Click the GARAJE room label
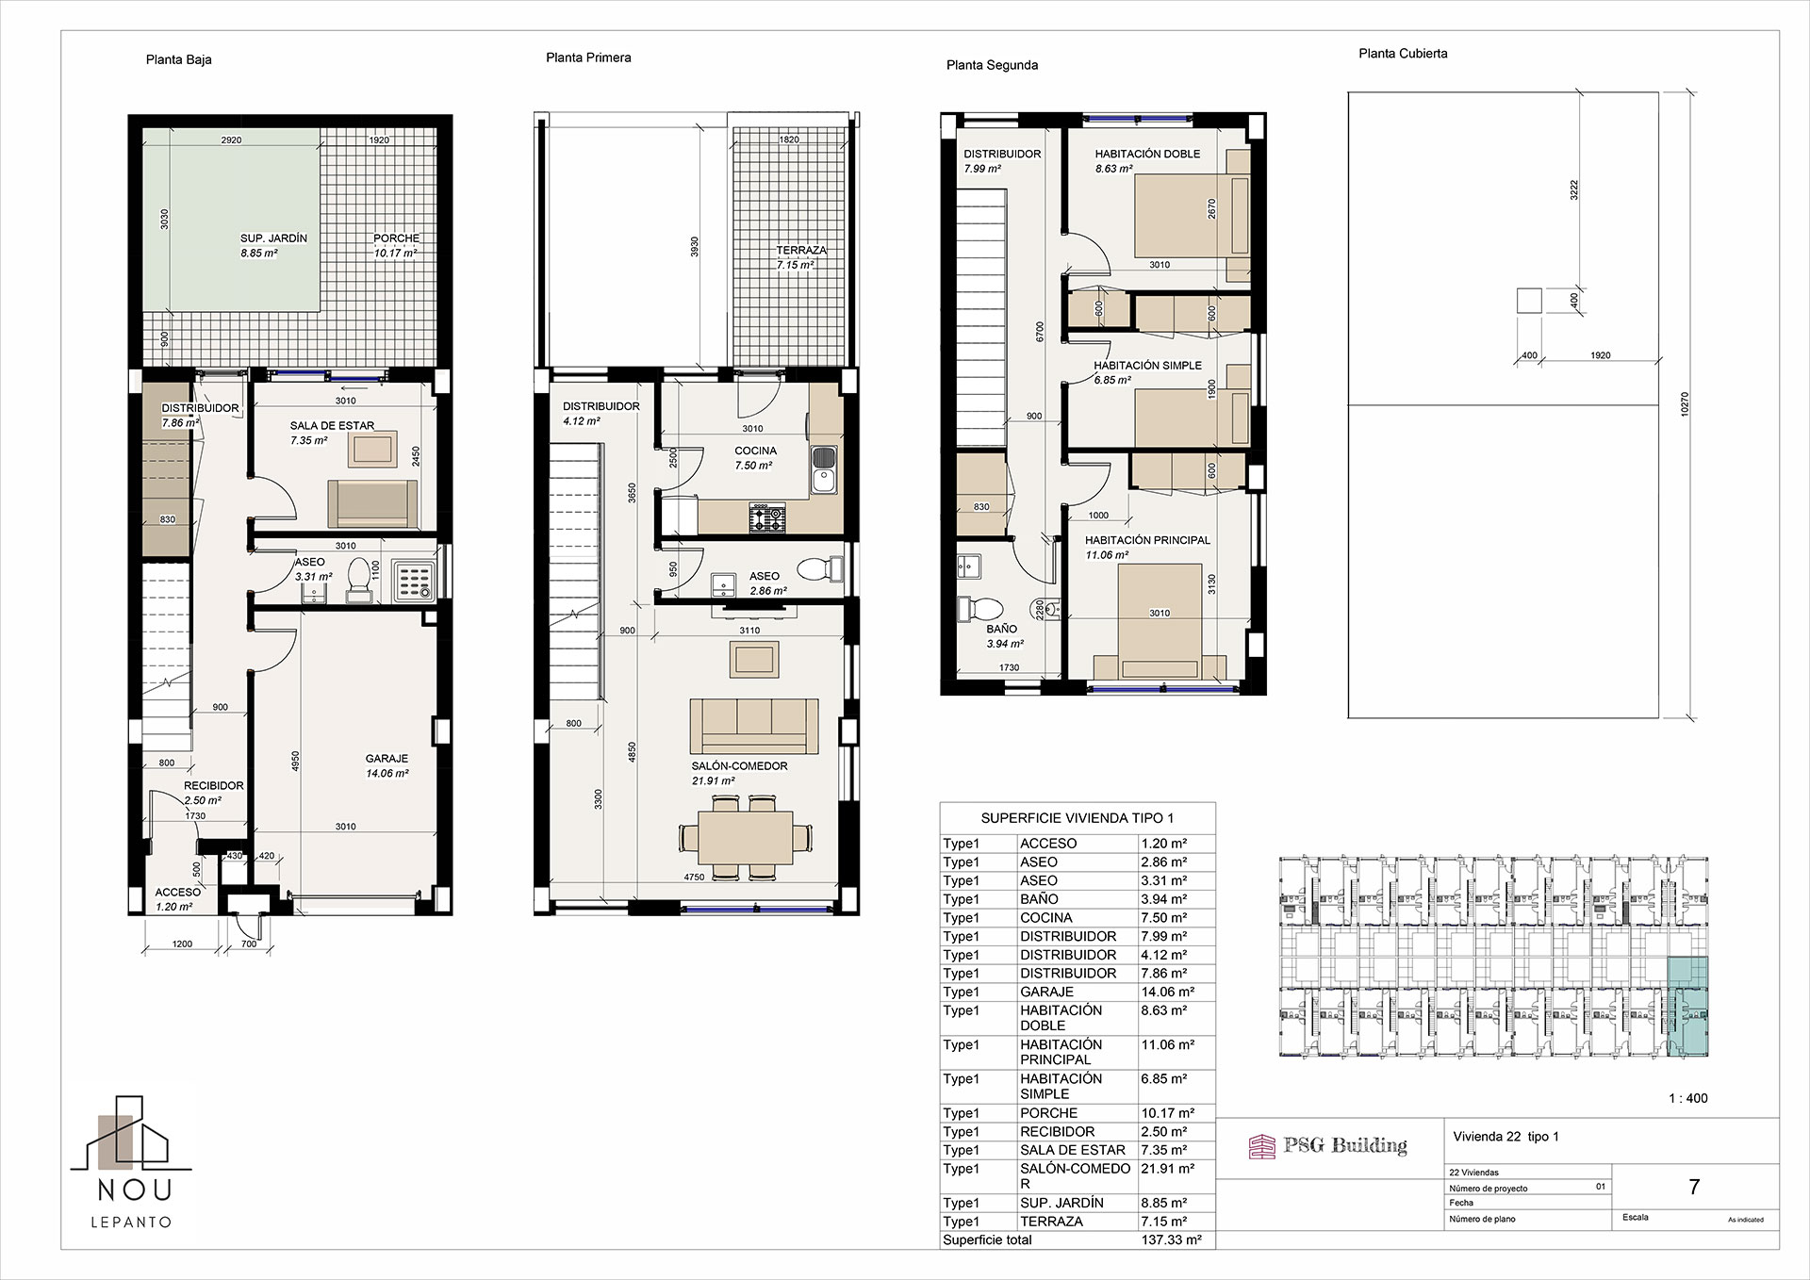(x=387, y=759)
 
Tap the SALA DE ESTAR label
(x=332, y=426)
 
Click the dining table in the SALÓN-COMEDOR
(x=745, y=837)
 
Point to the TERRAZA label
(x=801, y=251)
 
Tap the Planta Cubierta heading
(x=1403, y=54)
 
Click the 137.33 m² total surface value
(x=1171, y=1240)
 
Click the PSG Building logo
(x=1327, y=1146)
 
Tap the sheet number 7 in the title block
(x=1694, y=1188)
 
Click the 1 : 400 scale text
(x=1688, y=1098)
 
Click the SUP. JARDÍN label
(x=273, y=239)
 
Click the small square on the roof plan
(x=1529, y=301)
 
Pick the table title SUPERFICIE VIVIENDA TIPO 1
(x=1078, y=819)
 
